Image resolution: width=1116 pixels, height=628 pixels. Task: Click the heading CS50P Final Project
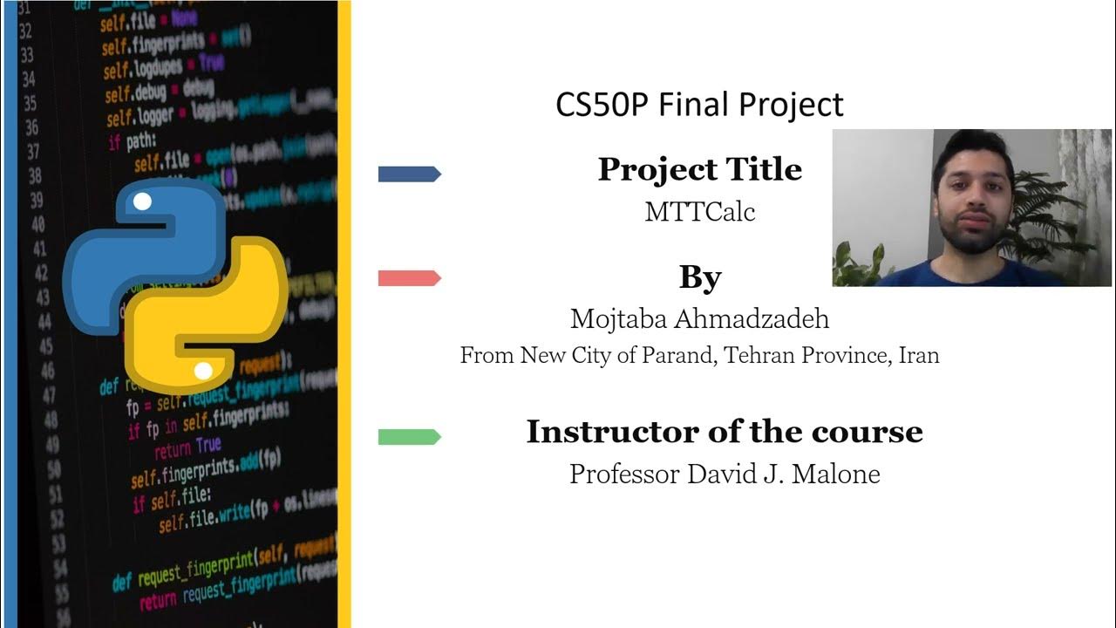coord(699,105)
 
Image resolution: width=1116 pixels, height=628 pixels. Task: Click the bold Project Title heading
coord(699,169)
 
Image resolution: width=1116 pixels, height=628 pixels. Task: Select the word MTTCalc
coord(699,212)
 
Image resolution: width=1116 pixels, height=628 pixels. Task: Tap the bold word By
coord(699,278)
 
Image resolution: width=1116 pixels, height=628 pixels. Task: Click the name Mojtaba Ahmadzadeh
coord(699,319)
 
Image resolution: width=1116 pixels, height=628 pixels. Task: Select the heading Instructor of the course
coord(724,432)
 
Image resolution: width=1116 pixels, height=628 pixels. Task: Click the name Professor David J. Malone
coord(724,474)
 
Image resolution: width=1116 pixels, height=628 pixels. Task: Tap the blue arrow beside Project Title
coord(409,174)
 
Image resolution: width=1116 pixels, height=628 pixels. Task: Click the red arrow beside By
coord(409,278)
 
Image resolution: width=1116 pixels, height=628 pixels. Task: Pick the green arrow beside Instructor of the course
coord(409,437)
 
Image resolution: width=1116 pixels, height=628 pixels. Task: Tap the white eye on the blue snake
coord(142,202)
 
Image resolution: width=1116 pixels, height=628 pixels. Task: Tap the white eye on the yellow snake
coord(203,372)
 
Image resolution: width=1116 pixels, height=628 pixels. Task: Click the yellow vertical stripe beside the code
coord(344,314)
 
